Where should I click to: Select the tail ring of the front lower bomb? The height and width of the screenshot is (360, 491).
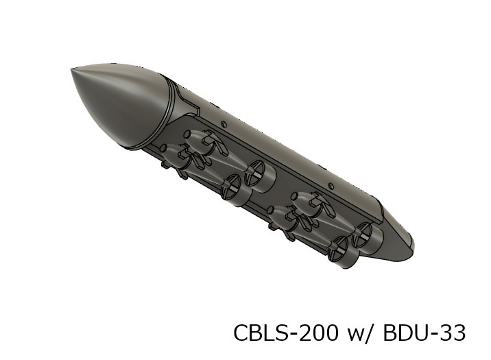coord(233,187)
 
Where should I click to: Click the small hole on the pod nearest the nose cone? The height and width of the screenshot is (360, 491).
coord(224,124)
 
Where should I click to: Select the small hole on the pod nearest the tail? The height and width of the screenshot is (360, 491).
coord(333,184)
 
